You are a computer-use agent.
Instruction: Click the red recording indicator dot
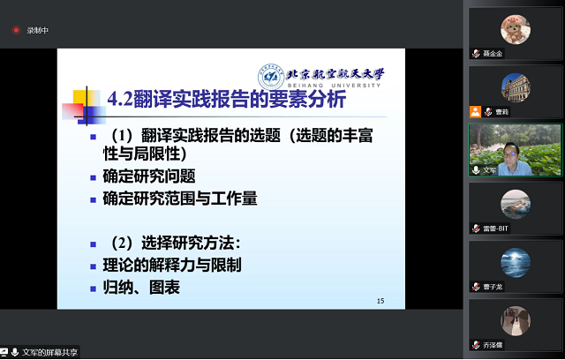(16, 30)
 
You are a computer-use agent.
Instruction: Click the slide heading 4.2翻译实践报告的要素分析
(226, 101)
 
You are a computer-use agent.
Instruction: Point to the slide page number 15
(380, 301)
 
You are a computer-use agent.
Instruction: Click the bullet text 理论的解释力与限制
(172, 265)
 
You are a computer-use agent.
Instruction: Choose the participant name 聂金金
(493, 54)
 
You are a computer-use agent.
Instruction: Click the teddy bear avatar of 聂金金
(516, 30)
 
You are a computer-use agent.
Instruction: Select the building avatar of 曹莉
(516, 86)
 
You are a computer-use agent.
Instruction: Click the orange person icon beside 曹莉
(475, 112)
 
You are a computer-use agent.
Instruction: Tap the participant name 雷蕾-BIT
(496, 229)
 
